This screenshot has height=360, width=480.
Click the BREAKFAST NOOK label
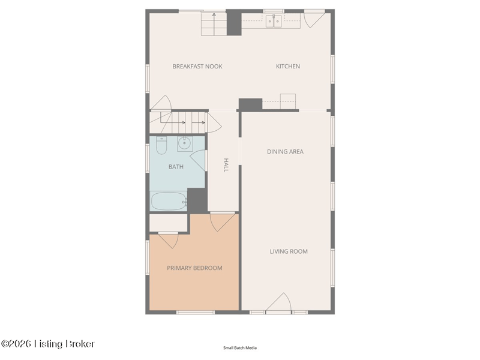197,67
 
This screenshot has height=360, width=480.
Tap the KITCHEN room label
288,67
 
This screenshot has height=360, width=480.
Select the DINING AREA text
285,152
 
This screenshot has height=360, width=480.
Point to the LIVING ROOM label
289,251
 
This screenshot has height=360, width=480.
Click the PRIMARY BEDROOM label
194,268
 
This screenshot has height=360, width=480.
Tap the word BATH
176,167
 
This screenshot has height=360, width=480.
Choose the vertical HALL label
226,165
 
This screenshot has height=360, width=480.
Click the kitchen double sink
274,21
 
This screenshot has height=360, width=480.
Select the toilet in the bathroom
161,145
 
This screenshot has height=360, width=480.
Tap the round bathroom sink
185,143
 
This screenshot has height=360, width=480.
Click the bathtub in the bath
169,201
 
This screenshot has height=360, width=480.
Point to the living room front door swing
278,303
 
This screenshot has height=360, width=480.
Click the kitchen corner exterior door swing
314,19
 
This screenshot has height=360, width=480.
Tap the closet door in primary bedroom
169,241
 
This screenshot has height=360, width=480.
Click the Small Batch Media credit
240,348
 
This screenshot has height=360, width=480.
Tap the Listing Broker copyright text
48,344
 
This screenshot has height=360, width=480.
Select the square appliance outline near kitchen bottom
288,101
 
